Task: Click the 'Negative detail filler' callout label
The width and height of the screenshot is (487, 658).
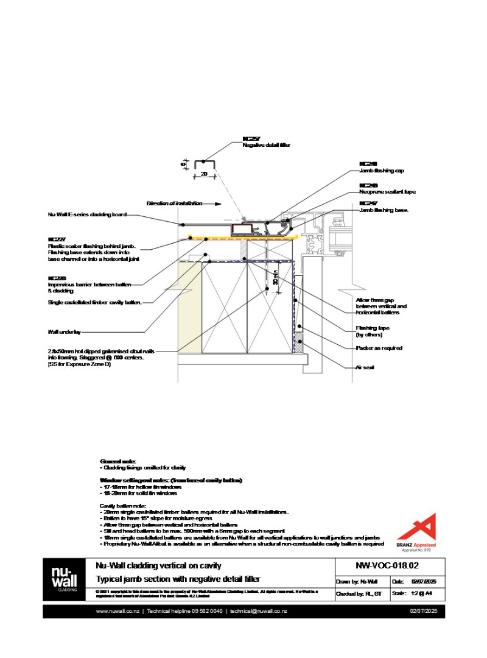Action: (x=267, y=145)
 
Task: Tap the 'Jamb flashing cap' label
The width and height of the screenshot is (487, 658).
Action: (x=382, y=171)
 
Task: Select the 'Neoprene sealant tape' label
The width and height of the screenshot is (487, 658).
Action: (x=387, y=192)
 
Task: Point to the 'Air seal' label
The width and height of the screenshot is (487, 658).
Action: (x=364, y=368)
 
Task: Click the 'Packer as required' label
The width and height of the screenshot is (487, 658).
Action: (x=379, y=348)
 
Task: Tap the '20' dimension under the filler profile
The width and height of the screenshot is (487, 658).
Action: (x=204, y=174)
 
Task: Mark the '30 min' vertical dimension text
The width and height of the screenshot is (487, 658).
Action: (x=275, y=278)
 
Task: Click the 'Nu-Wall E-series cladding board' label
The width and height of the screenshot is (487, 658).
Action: (x=87, y=214)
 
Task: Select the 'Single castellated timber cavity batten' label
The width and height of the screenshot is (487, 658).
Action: (x=95, y=302)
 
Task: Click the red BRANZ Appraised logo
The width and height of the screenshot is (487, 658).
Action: (x=421, y=528)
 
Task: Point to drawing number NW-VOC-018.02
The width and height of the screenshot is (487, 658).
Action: (x=379, y=565)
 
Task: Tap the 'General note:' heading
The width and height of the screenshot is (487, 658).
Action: (x=118, y=461)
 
